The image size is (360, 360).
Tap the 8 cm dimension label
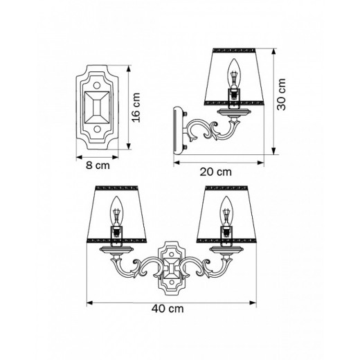coord(96,165)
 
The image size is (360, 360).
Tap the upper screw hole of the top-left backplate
coord(96,82)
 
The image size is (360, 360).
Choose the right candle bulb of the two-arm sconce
coord(225,207)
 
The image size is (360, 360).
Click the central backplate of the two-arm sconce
coord(170,266)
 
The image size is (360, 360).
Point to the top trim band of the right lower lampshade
coord(226,187)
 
